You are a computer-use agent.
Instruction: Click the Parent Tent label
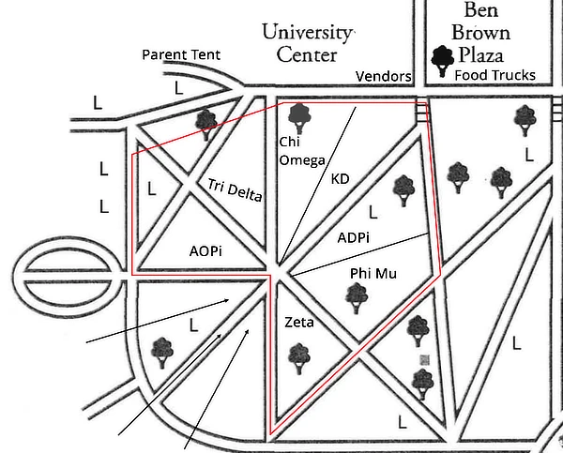point(181,54)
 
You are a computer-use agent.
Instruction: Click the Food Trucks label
point(495,75)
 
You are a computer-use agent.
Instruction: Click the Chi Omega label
point(302,150)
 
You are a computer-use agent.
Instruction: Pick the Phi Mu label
point(369,272)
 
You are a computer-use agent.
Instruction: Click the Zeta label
point(298,323)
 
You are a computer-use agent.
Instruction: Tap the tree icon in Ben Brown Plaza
point(441,61)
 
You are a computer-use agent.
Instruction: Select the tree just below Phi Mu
point(356,296)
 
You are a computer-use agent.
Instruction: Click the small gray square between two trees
point(424,359)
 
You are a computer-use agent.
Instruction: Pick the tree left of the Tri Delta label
point(205,122)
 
